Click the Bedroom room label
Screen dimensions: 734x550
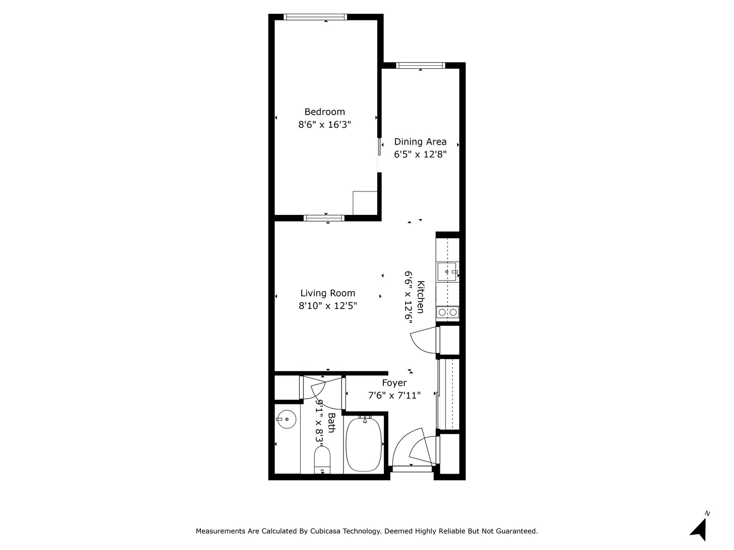324,112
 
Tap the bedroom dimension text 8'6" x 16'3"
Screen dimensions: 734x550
324,125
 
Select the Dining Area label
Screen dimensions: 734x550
420,142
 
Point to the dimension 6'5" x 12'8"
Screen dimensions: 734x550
420,155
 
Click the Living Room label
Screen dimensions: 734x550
327,293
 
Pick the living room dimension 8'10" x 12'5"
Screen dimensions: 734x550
328,306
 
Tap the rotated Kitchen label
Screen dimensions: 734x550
421,297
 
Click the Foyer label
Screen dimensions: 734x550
394,383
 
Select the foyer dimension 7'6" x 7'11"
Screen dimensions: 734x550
394,396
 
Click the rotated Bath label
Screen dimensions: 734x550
331,423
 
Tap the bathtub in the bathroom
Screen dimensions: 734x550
363,445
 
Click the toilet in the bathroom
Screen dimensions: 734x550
322,460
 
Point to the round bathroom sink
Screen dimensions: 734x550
286,420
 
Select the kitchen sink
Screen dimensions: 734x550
447,272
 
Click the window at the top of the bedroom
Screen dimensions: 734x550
315,17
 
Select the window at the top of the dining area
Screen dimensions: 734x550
421,66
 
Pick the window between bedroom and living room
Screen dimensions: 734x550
324,218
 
